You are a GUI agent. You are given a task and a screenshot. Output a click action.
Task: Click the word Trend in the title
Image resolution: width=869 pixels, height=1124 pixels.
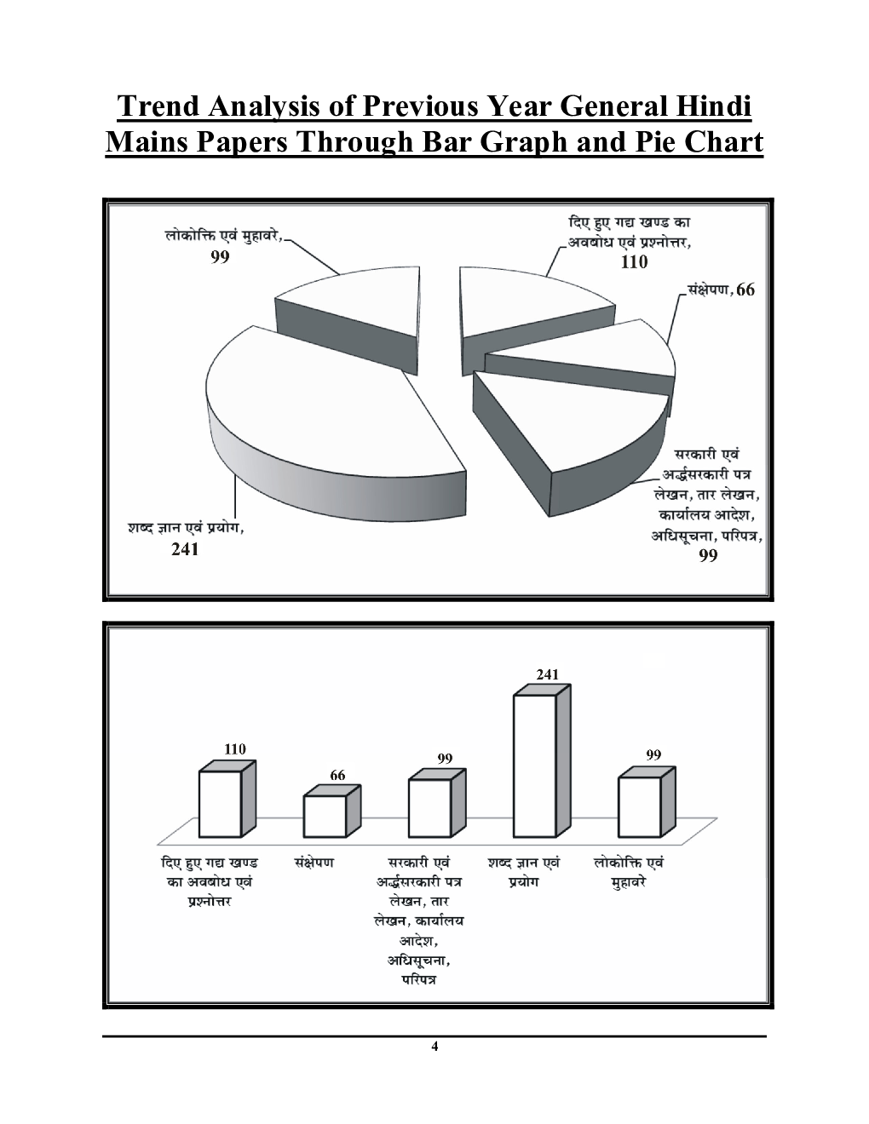(158, 106)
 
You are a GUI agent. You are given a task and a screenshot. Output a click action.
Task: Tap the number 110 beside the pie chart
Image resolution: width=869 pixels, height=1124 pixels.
(634, 261)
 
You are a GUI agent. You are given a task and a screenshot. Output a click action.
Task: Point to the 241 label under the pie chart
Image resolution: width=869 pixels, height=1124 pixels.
(185, 549)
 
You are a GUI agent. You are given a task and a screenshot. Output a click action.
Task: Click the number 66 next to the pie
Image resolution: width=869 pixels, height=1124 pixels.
(745, 290)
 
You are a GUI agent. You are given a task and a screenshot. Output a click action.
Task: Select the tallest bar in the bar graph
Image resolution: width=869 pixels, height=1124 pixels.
(542, 760)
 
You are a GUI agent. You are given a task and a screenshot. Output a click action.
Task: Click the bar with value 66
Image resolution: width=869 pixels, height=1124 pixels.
(331, 811)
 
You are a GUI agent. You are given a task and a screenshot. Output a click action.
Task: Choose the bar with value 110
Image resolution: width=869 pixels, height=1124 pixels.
(227, 799)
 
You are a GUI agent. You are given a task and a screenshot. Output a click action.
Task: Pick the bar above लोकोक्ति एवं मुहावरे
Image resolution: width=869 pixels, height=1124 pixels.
(647, 802)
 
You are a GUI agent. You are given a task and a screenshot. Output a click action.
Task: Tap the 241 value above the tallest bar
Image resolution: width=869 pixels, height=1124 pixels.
(548, 674)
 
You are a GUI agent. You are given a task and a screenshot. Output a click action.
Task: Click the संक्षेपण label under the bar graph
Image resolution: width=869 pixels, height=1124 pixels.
(314, 863)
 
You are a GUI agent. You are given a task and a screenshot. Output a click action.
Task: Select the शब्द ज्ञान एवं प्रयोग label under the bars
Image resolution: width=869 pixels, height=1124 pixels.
(524, 872)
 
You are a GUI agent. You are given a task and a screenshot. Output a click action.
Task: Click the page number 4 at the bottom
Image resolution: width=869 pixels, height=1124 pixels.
(434, 1047)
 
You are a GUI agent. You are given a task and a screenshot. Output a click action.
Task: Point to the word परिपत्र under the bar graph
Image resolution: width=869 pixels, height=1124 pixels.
(418, 979)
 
